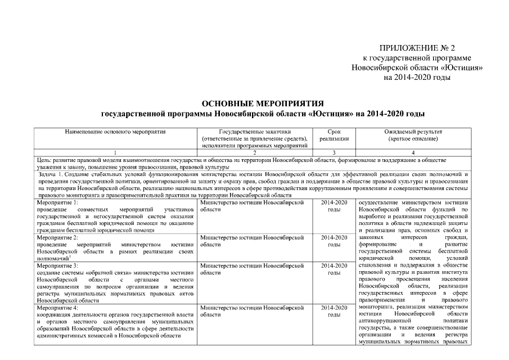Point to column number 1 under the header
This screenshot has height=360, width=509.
115,152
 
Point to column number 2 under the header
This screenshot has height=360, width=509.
255,152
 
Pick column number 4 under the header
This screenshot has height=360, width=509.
413,152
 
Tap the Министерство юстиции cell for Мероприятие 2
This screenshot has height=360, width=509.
255,241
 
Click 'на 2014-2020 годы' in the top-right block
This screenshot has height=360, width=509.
417,76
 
